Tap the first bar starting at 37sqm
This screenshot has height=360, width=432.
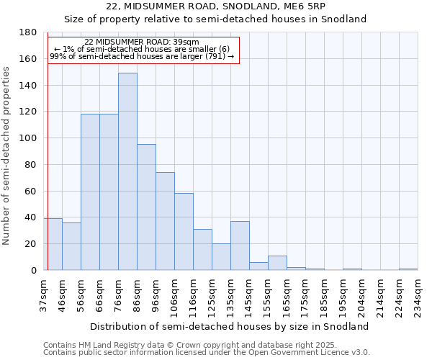(x=53, y=244)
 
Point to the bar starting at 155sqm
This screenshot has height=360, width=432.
(x=277, y=263)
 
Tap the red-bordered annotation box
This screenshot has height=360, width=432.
(x=143, y=50)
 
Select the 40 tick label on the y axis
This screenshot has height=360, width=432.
(x=31, y=217)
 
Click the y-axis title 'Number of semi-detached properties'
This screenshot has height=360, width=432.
(x=7, y=156)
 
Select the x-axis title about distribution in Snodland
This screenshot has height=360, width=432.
(x=230, y=326)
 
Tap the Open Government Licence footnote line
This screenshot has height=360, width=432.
(x=206, y=353)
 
